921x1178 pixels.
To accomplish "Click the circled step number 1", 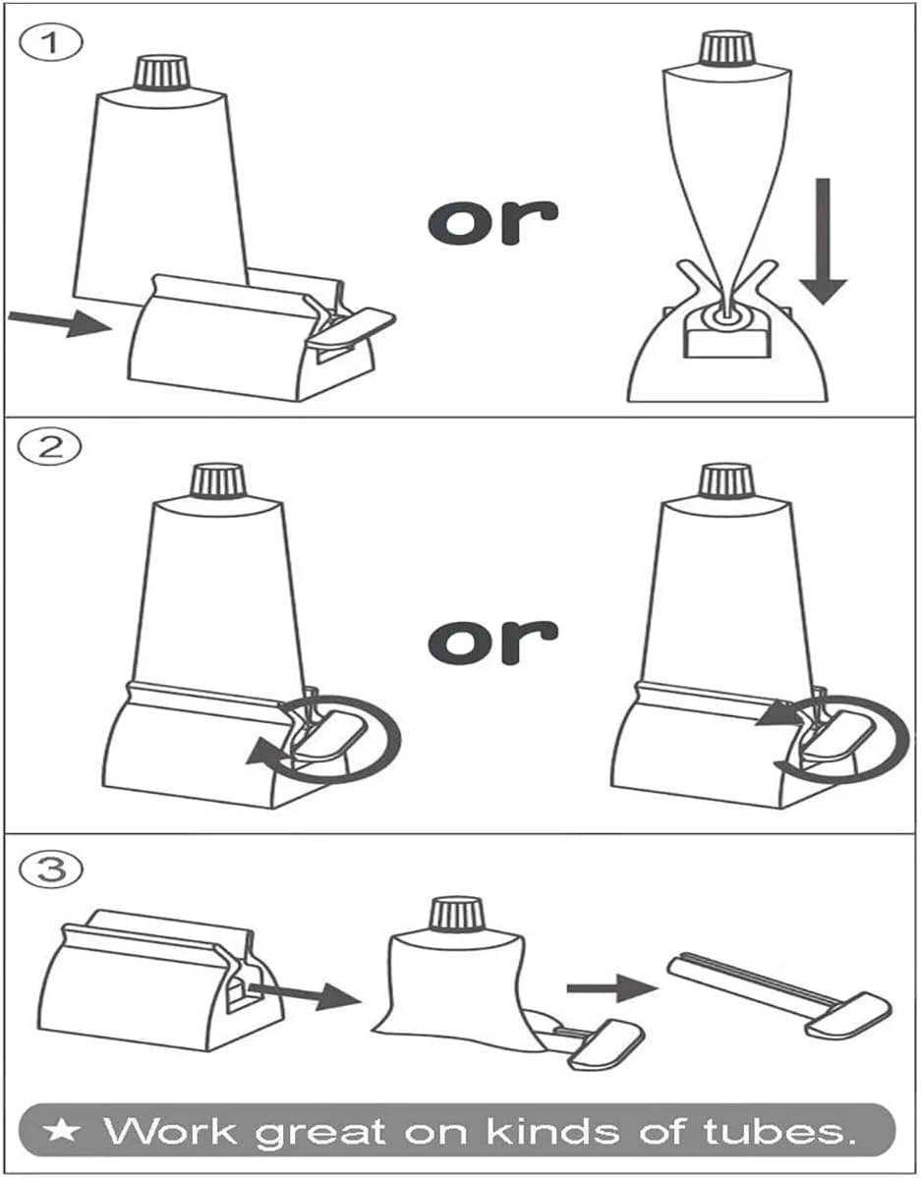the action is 50,43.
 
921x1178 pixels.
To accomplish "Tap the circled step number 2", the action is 50,448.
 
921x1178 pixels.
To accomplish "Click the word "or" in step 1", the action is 492,222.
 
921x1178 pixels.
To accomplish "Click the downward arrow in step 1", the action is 824,241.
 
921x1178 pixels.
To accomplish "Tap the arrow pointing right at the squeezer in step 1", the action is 60,322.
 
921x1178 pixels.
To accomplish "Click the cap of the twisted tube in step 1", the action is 726,49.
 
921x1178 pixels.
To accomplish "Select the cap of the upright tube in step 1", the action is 161,73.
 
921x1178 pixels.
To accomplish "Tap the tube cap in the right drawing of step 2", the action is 726,480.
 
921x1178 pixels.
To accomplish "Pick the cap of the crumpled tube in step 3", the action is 456,915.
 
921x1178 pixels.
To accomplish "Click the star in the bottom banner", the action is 62,1130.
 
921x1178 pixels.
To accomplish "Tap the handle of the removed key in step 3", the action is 849,1015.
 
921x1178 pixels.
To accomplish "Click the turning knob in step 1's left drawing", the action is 352,327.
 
